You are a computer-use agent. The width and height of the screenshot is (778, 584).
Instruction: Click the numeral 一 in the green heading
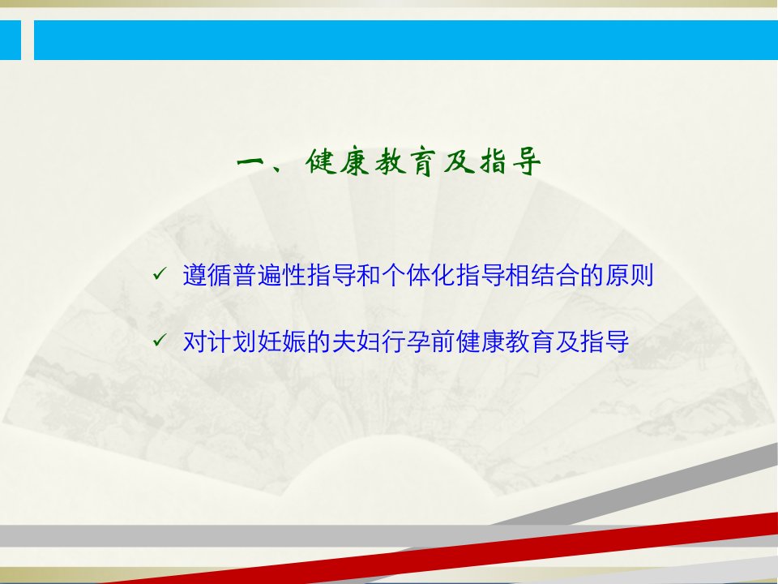pyautogui.click(x=253, y=161)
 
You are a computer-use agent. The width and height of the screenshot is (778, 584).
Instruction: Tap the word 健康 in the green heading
pyautogui.click(x=337, y=161)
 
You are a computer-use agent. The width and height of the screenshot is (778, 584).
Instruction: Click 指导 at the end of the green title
pyautogui.click(x=510, y=161)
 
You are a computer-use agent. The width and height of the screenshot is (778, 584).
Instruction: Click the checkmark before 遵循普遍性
pyautogui.click(x=160, y=273)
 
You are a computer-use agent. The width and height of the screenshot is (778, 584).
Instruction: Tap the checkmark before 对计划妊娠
pyautogui.click(x=160, y=340)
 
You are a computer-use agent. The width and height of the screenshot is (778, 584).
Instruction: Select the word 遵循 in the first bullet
pyautogui.click(x=207, y=275)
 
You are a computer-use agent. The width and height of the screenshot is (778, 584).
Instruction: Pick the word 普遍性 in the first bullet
pyautogui.click(x=269, y=275)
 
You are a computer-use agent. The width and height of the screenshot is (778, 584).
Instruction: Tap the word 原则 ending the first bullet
pyautogui.click(x=629, y=275)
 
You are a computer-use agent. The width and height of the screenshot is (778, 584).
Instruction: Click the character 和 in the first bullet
pyautogui.click(x=369, y=275)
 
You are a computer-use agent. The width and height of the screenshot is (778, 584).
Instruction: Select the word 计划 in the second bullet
pyautogui.click(x=233, y=341)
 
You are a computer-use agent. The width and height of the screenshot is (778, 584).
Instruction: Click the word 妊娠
pyautogui.click(x=282, y=341)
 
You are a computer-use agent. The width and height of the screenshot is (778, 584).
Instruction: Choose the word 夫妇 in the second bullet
pyautogui.click(x=357, y=341)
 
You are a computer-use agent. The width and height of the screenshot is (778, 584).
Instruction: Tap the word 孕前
pyautogui.click(x=430, y=341)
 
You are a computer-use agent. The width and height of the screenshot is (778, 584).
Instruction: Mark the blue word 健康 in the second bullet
pyautogui.click(x=481, y=341)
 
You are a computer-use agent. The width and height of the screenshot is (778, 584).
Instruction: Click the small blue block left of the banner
pyautogui.click(x=11, y=40)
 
